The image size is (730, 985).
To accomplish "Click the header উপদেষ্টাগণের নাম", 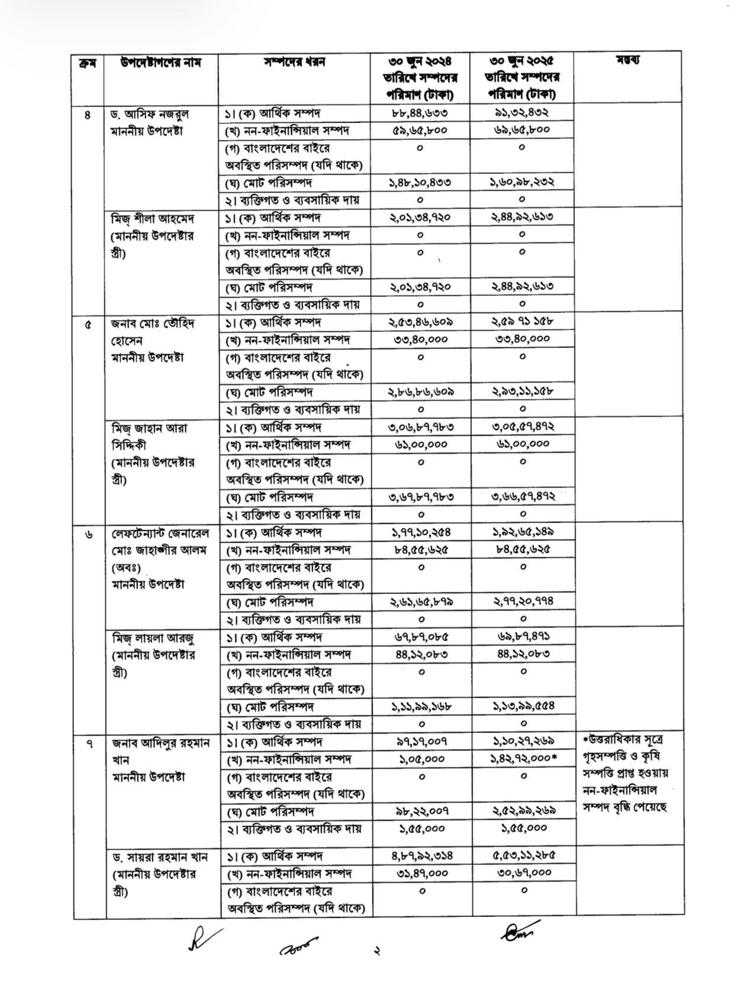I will pyautogui.click(x=160, y=62).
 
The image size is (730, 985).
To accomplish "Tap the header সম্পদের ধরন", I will pyautogui.click(x=294, y=62).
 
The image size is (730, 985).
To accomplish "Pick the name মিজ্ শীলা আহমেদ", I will pyautogui.click(x=153, y=218).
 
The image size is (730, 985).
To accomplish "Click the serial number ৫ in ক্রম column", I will pyautogui.click(x=88, y=324).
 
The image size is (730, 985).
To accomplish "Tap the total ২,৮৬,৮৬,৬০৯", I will pyautogui.click(x=421, y=392).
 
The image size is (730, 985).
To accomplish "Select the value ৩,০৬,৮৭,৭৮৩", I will pyautogui.click(x=421, y=427).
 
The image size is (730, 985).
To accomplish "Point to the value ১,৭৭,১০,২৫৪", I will pyautogui.click(x=421, y=532).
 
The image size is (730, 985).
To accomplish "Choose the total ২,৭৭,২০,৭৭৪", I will pyautogui.click(x=523, y=601).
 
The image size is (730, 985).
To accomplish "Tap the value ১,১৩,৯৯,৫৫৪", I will pyautogui.click(x=523, y=706).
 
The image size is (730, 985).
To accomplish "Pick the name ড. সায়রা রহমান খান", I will pyautogui.click(x=160, y=857).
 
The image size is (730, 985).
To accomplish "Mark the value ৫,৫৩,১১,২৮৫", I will pyautogui.click(x=523, y=855).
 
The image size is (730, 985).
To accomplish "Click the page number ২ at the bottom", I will pyautogui.click(x=375, y=951).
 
